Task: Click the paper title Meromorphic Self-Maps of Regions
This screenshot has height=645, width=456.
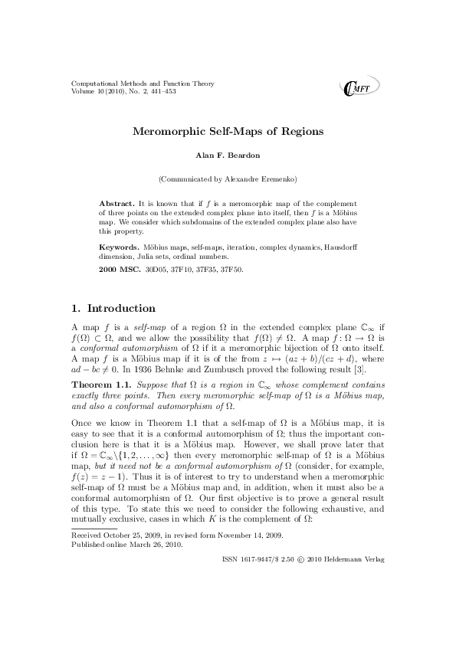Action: tap(228, 132)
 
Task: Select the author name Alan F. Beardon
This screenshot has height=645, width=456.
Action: tap(228, 156)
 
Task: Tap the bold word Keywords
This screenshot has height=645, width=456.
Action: tap(120, 248)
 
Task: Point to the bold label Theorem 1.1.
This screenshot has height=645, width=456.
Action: tap(97, 380)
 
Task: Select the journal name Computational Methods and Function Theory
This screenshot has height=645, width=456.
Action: tap(143, 83)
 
